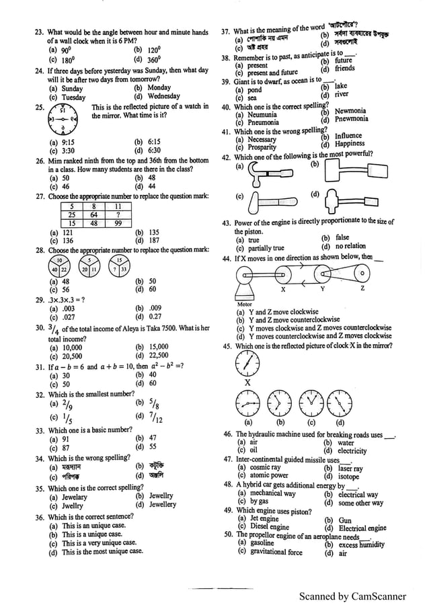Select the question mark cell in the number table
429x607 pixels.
click(118, 215)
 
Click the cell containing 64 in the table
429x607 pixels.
click(94, 215)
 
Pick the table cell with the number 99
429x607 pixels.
click(118, 224)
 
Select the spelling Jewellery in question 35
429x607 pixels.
click(162, 504)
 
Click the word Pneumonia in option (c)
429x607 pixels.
click(263, 122)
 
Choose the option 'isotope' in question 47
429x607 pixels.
click(348, 476)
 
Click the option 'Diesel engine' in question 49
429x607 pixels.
click(270, 528)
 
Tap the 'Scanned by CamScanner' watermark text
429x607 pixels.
click(352, 596)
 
